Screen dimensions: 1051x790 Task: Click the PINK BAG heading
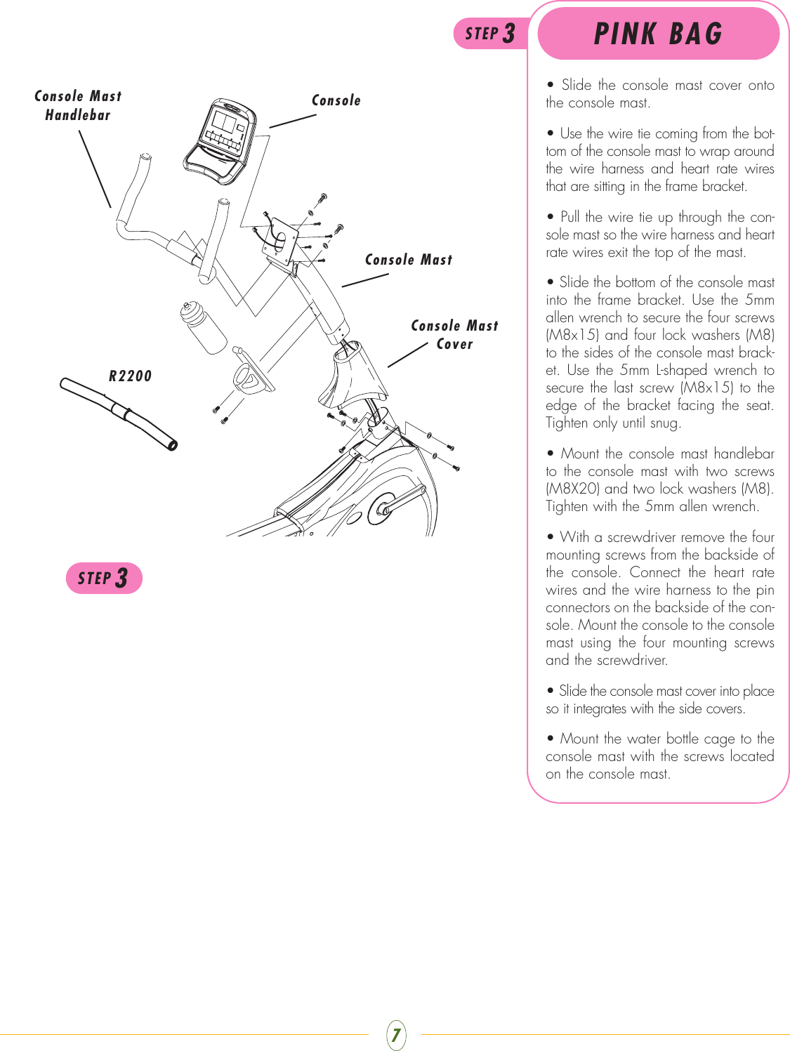tap(658, 34)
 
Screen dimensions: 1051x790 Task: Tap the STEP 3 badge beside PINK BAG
tap(490, 34)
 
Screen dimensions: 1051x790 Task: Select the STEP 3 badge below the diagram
tap(104, 579)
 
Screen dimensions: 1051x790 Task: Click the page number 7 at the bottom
tap(396, 1035)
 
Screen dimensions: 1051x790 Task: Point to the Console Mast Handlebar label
tap(78, 105)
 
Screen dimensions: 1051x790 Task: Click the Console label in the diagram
tap(336, 100)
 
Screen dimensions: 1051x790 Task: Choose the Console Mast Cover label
tap(454, 335)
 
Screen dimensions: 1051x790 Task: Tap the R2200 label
tap(130, 376)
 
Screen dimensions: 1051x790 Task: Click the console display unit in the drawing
tap(220, 141)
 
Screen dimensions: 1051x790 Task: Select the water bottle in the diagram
tap(203, 327)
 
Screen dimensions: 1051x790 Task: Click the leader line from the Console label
tap(292, 121)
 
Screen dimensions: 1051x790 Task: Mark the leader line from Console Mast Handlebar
tap(95, 169)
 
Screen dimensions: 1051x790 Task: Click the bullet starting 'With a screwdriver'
tap(660, 598)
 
